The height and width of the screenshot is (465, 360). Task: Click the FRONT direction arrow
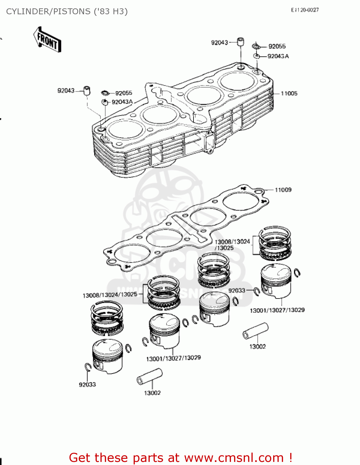(47, 40)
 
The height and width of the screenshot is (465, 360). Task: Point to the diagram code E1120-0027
(304, 10)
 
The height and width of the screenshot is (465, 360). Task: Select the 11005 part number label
(289, 93)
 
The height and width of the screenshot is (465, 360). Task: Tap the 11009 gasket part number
(283, 190)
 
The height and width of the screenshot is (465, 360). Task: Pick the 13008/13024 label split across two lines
(232, 245)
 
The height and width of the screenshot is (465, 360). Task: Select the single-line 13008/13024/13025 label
(110, 295)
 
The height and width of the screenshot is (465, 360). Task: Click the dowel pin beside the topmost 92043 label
(241, 42)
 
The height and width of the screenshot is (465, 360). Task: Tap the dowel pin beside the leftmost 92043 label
(87, 91)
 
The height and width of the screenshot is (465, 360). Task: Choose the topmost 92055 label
(277, 46)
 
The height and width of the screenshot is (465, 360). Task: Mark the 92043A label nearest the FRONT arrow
(122, 102)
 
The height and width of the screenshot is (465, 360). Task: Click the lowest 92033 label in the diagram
(87, 384)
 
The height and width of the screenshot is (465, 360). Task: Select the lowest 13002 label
(152, 393)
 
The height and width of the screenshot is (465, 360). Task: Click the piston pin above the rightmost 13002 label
(256, 331)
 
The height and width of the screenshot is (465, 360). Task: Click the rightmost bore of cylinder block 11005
(238, 81)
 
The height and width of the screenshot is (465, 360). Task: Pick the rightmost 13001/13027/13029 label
(277, 310)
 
